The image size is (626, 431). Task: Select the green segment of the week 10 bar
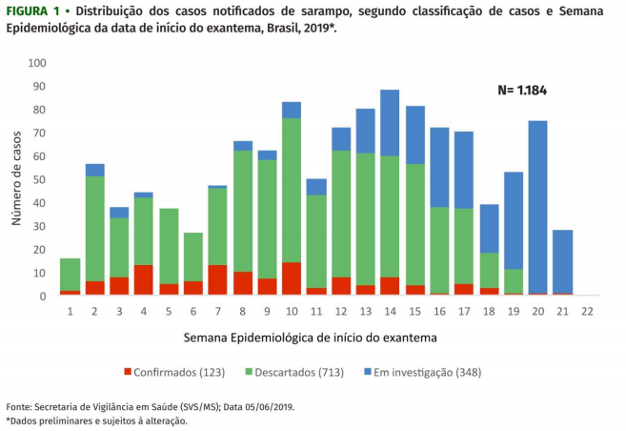[x=291, y=190]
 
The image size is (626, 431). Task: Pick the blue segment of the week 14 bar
[x=390, y=123]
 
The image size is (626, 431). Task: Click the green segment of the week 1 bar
[x=70, y=275]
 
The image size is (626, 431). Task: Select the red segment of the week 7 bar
[x=217, y=280]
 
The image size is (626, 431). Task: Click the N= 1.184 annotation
[x=522, y=91]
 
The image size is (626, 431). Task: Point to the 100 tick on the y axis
[x=37, y=64]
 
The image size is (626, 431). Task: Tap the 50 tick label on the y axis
[x=40, y=180]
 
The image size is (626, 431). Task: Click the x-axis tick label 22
[x=587, y=312]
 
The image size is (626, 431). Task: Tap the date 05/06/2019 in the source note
[x=266, y=406]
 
